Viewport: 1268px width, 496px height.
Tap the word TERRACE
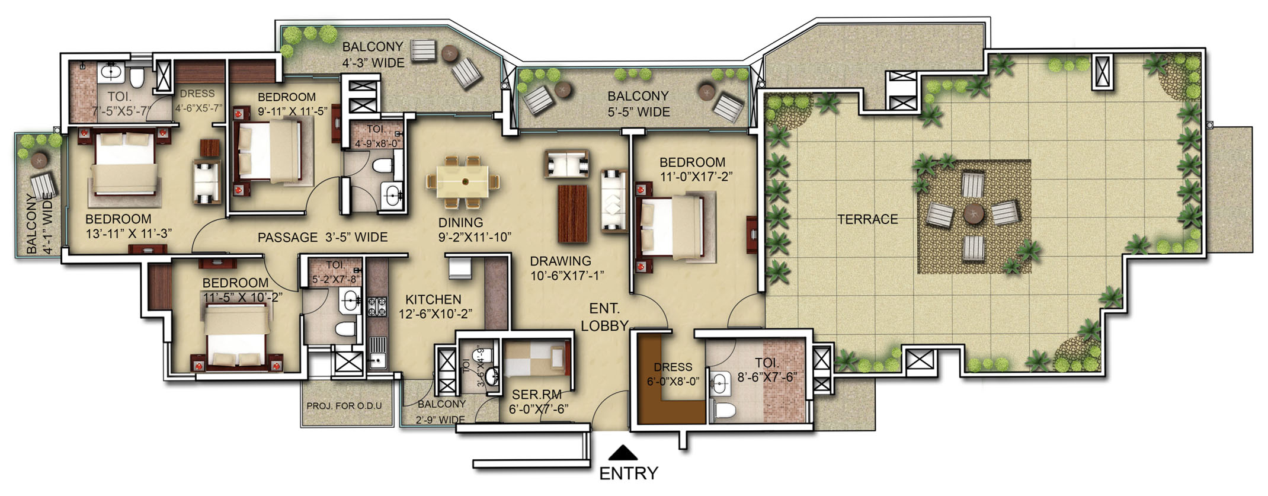[x=867, y=220]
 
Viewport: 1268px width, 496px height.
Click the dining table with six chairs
[x=463, y=181]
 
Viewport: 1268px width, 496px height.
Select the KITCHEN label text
[x=433, y=300]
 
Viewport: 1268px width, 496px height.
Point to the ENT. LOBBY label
[x=604, y=317]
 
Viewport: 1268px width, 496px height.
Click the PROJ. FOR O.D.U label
[x=344, y=406]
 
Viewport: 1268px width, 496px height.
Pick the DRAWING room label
[x=561, y=261]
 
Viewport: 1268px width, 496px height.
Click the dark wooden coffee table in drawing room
[x=573, y=213]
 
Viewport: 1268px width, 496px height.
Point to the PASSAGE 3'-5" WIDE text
[x=322, y=238]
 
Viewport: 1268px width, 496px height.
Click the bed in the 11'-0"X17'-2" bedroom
[x=673, y=228]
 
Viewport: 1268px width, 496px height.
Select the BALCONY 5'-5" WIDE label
[x=638, y=104]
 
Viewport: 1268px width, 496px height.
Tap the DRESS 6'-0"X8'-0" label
[x=673, y=374]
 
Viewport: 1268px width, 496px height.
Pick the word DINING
[x=460, y=223]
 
